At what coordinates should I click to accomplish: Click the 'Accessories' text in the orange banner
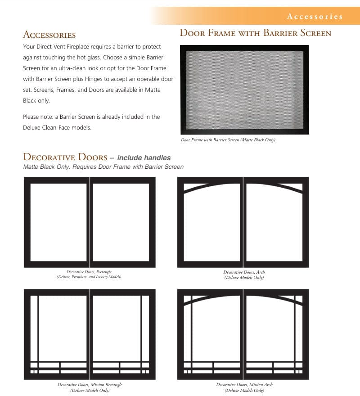point(315,17)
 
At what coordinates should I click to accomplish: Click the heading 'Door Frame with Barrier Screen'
point(255,33)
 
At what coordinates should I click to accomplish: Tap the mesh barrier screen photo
point(244,90)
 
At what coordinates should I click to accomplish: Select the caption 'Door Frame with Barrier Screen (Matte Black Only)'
point(228,140)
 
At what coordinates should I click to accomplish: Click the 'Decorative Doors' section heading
point(65,157)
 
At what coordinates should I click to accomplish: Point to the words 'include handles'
point(144,158)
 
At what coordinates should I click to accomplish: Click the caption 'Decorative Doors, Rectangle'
point(89,272)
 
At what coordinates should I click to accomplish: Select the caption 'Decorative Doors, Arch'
point(244,272)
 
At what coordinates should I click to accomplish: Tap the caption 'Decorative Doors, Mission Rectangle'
point(90,385)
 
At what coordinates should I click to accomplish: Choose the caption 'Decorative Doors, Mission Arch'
point(244,385)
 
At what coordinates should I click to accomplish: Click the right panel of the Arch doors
point(275,222)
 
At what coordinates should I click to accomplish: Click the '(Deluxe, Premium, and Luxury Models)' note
point(89,277)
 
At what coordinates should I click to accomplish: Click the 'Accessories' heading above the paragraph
point(49,35)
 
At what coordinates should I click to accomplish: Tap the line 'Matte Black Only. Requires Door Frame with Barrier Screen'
point(103,167)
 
